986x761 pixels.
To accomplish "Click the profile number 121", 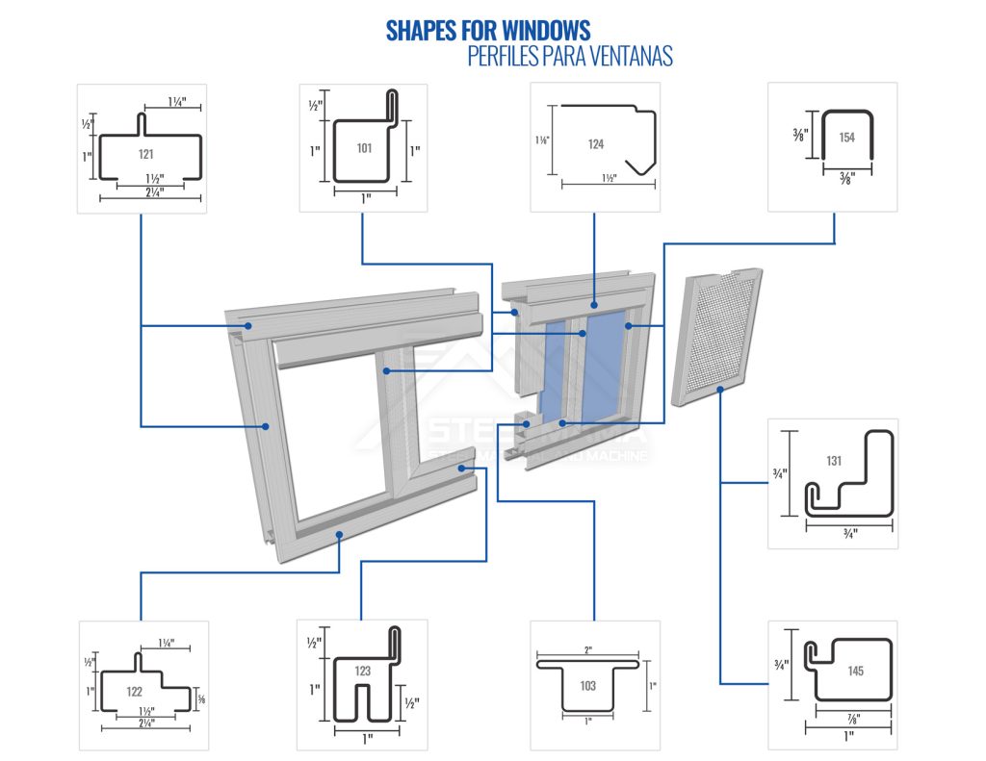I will pyautogui.click(x=145, y=154).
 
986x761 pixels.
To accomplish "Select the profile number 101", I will pyautogui.click(x=364, y=148).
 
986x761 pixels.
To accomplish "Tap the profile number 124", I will pyautogui.click(x=596, y=144).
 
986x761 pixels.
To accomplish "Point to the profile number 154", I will pyautogui.click(x=846, y=138).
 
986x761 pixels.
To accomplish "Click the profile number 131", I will pyautogui.click(x=834, y=461).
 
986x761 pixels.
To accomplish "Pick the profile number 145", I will pyautogui.click(x=855, y=671).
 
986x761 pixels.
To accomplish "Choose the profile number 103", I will pyautogui.click(x=588, y=686).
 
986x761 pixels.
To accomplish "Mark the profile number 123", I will pyautogui.click(x=362, y=671).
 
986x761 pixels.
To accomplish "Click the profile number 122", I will pyautogui.click(x=135, y=690).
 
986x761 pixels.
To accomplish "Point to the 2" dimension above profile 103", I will pyautogui.click(x=588, y=650).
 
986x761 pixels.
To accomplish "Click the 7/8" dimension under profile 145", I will pyautogui.click(x=853, y=718).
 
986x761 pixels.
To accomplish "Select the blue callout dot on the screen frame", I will pyautogui.click(x=720, y=390).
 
